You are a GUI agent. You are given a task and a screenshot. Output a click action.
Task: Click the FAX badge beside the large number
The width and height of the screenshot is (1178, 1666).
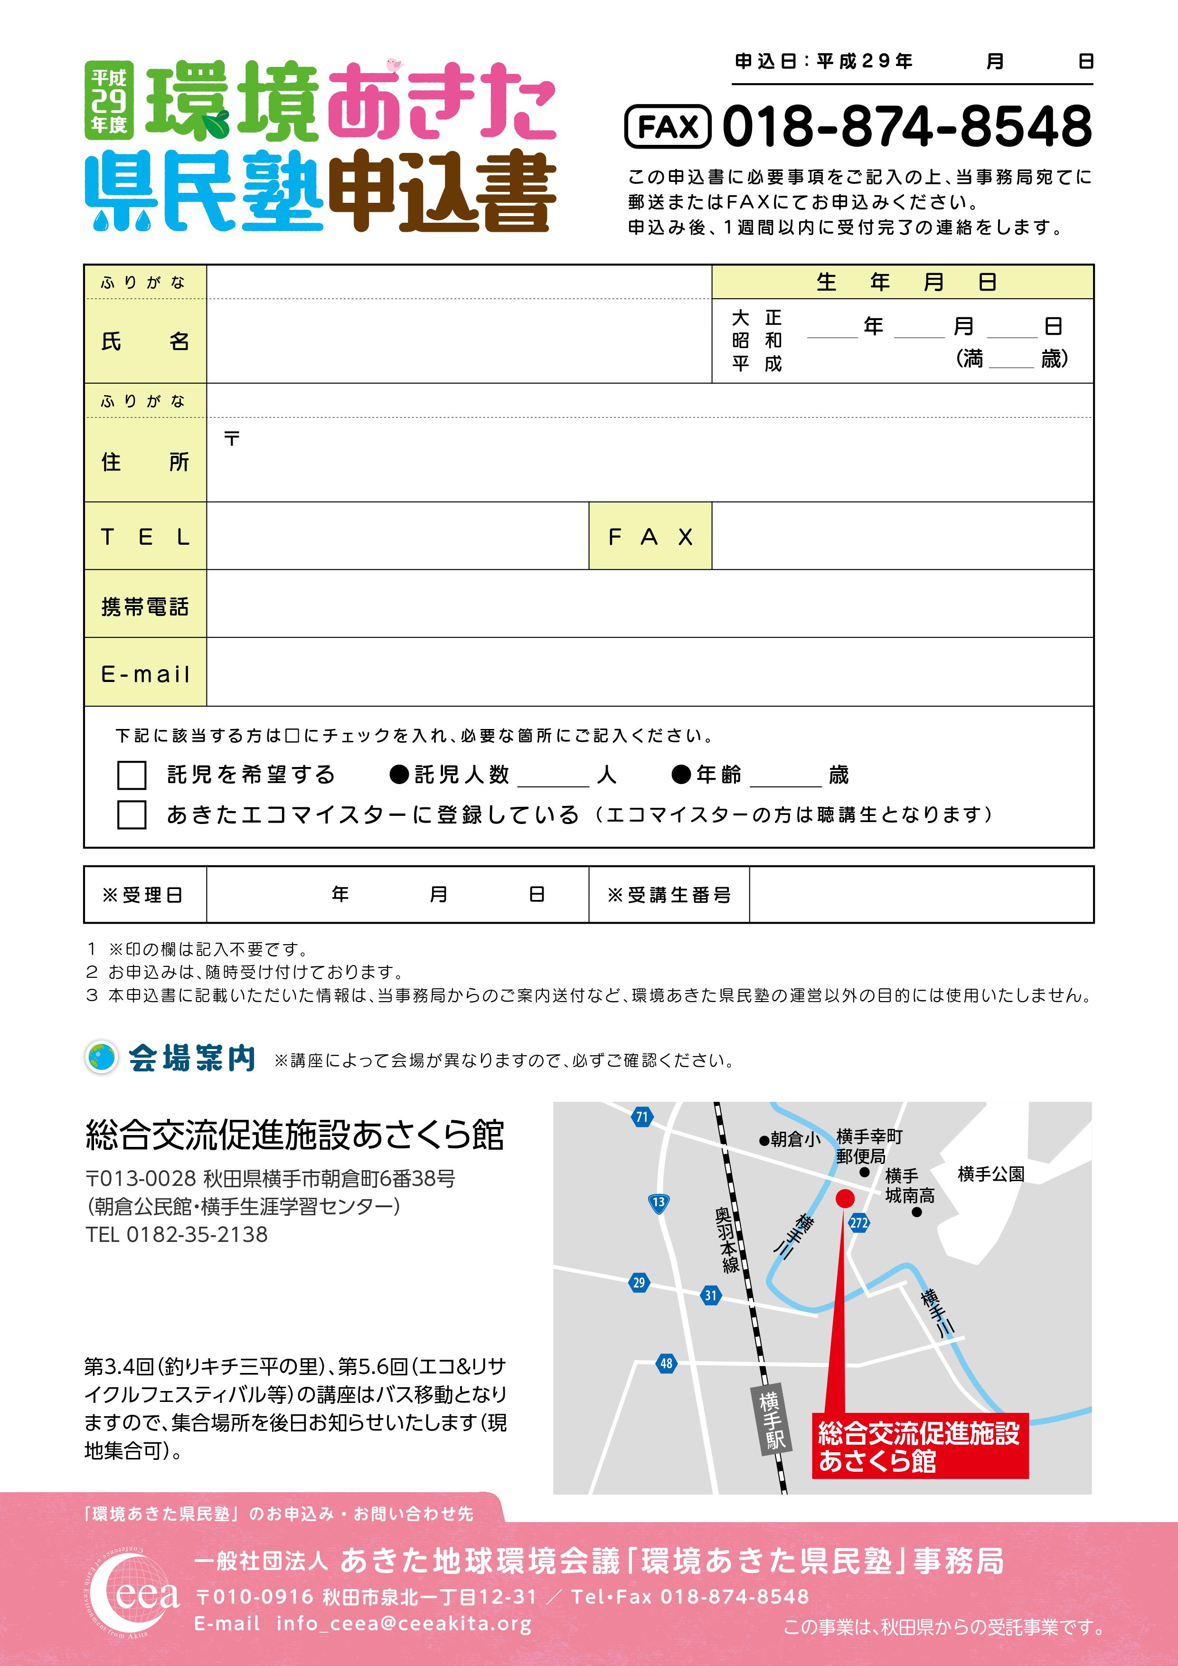click(667, 127)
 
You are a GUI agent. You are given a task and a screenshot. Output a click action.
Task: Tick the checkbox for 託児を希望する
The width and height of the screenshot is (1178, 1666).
click(132, 775)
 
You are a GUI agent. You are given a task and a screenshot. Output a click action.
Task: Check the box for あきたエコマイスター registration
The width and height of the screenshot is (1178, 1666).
click(132, 815)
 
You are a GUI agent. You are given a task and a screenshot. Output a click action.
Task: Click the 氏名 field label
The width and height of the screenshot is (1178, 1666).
click(145, 341)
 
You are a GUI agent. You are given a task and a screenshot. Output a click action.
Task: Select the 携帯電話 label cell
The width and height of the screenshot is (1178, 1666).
click(145, 606)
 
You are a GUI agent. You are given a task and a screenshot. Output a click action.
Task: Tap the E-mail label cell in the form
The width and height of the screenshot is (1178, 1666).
click(145, 674)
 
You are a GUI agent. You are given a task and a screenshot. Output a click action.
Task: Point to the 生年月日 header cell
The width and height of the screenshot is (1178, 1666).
click(902, 282)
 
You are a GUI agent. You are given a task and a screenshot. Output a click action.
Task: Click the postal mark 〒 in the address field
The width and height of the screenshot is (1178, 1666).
click(231, 439)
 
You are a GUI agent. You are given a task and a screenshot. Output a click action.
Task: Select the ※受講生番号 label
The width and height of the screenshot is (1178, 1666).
click(669, 895)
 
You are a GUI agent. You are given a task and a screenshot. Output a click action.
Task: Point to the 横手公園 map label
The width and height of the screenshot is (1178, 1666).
click(991, 1174)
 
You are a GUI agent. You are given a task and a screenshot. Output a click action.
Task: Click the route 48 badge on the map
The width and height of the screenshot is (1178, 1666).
click(666, 1363)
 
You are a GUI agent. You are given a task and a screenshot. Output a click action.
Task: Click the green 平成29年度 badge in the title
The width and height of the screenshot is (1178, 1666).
click(109, 100)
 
